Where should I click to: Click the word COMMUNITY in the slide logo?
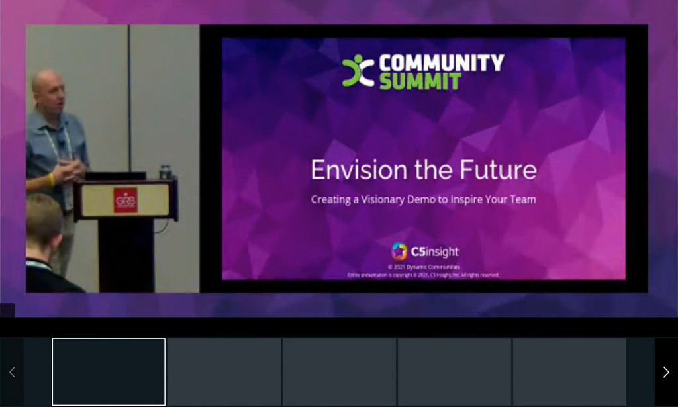[x=441, y=63]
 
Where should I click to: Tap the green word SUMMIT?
[x=420, y=81]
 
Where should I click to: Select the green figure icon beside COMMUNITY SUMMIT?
[x=358, y=71]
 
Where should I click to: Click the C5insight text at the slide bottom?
[x=435, y=251]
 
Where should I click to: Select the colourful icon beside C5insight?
[x=399, y=251]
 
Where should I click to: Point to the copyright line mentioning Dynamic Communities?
[x=424, y=267]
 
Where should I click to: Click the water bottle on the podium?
[x=166, y=172]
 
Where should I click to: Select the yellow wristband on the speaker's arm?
[x=51, y=179]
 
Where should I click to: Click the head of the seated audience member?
[x=42, y=222]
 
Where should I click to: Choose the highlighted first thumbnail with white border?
[x=109, y=371]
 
